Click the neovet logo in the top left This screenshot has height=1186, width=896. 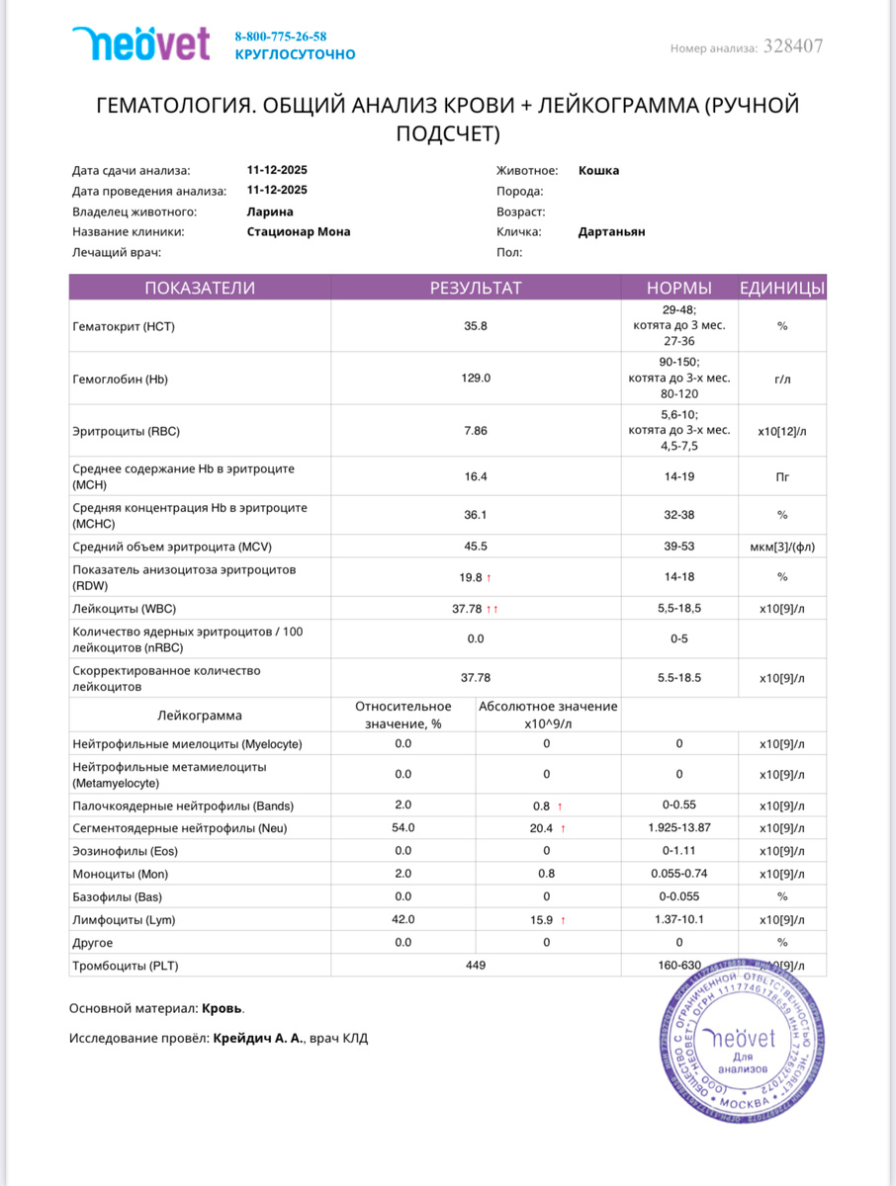[x=141, y=43]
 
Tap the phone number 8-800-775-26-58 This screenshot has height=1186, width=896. [x=280, y=37]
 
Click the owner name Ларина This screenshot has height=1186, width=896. [x=270, y=212]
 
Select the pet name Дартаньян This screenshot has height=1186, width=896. [x=611, y=232]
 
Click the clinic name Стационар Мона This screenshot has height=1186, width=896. [x=299, y=232]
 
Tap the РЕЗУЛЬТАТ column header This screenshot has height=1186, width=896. [x=475, y=289]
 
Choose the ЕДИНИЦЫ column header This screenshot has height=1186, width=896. [x=782, y=289]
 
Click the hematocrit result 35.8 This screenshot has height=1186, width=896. [x=476, y=326]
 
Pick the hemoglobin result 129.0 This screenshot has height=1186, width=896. [x=476, y=379]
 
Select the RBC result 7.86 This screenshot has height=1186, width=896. [x=476, y=431]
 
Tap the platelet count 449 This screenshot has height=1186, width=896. [x=475, y=966]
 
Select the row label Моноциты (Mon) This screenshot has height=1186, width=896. [x=121, y=875]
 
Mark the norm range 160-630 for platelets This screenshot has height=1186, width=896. [x=678, y=966]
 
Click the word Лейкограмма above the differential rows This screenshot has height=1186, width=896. [x=200, y=716]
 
